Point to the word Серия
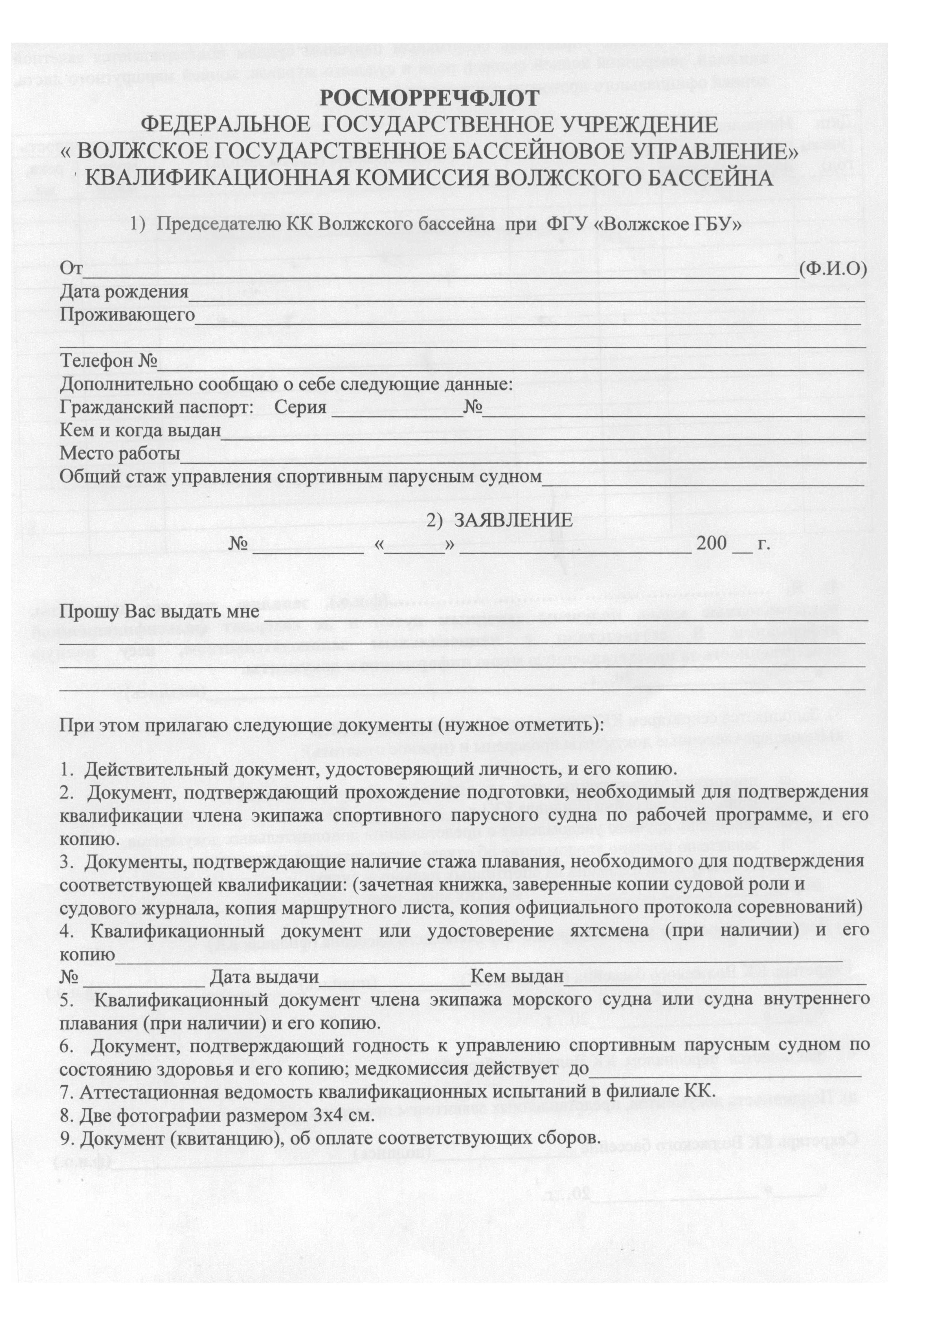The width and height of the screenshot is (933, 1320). pyautogui.click(x=300, y=408)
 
